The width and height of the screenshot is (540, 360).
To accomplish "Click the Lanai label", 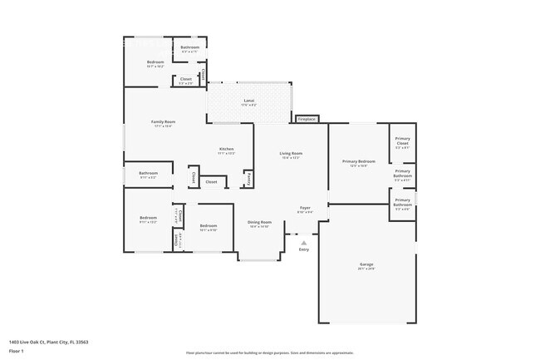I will (249, 100).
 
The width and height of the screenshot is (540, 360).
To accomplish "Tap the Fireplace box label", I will (307, 119).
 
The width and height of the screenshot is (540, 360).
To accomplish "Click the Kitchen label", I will (226, 149).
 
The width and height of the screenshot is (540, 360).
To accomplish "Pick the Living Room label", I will (290, 153).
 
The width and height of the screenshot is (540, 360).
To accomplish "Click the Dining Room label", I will (260, 222).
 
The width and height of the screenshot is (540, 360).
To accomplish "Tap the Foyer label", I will (305, 208).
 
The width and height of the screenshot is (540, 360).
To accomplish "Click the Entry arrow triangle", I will (303, 243).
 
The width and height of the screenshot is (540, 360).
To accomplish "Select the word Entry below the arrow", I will (303, 249).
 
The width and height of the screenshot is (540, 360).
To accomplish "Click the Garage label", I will (366, 264).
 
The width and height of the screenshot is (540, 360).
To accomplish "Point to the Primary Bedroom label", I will (359, 161).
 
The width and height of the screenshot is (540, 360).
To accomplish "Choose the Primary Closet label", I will (402, 141).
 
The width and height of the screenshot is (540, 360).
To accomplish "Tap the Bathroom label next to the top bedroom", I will (189, 47).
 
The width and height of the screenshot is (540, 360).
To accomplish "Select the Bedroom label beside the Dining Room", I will (208, 225).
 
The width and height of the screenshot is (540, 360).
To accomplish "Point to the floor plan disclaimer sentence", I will (269, 353).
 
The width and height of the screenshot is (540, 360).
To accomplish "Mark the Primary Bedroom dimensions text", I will (359, 166).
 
